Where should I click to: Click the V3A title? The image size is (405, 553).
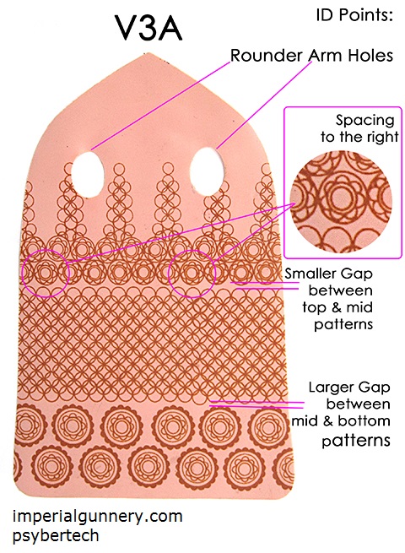(x=148, y=28)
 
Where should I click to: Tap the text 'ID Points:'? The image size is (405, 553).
(x=354, y=15)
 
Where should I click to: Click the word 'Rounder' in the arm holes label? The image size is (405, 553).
(x=267, y=56)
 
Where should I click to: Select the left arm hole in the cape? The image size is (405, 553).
(x=87, y=174)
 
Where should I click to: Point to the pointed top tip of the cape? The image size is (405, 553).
(x=144, y=53)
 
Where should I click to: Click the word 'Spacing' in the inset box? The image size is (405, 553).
(x=364, y=121)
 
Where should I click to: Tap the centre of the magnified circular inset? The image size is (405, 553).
(x=341, y=202)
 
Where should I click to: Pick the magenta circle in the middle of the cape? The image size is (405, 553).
(x=192, y=250)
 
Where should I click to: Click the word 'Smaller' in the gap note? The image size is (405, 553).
(x=306, y=274)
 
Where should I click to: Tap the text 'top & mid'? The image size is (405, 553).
(x=337, y=307)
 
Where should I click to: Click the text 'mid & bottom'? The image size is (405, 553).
(x=341, y=420)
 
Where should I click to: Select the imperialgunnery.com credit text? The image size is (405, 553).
(x=98, y=517)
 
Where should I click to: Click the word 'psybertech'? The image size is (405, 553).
(x=56, y=535)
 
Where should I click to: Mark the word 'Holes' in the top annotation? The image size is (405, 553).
(x=370, y=56)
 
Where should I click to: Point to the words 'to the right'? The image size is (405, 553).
(x=359, y=137)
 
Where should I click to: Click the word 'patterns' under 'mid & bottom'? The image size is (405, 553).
(x=356, y=441)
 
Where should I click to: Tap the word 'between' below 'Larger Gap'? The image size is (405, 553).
(x=358, y=404)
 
